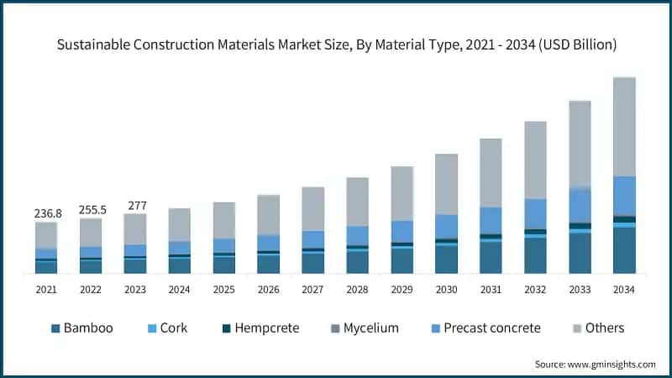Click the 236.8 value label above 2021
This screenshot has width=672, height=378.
pos(46,214)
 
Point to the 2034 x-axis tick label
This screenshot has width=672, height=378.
pos(624,290)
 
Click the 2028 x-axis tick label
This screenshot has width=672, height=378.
pos(357,290)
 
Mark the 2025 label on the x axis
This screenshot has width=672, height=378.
pos(223,290)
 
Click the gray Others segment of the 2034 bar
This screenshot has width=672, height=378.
pos(624,126)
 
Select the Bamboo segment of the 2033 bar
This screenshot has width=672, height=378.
pos(580,253)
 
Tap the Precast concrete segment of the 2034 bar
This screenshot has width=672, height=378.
pos(624,196)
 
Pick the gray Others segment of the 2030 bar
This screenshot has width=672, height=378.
pos(446,184)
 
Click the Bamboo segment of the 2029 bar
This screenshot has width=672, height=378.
pos(402,260)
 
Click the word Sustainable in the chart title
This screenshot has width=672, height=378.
pos(94,45)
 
